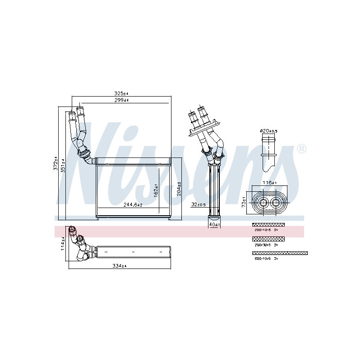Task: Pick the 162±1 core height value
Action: pyautogui.click(x=156, y=190)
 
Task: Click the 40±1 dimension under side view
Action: pyautogui.click(x=213, y=224)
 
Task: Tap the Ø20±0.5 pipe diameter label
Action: pyautogui.click(x=268, y=131)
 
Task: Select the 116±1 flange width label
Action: pyautogui.click(x=269, y=183)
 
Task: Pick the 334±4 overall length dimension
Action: pyautogui.click(x=119, y=266)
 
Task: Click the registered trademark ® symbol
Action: pyautogui.click(x=302, y=149)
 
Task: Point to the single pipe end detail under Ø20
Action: pyautogui.click(x=269, y=153)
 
